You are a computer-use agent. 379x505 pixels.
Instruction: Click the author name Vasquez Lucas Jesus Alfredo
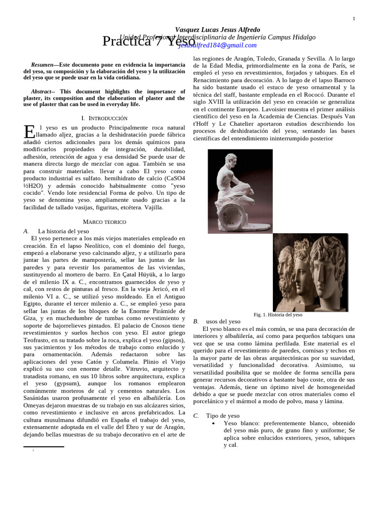point(218,30)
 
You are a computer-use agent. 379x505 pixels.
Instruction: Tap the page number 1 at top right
point(353,19)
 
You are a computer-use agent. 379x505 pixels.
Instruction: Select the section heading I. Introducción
point(104,118)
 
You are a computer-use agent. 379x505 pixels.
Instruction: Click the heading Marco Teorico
point(104,222)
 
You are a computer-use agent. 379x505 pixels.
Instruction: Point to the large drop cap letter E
point(29,132)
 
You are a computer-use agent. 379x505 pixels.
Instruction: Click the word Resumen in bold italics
point(41,65)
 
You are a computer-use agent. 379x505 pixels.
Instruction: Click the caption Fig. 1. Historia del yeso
point(278,315)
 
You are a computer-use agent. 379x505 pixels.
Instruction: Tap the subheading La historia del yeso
point(63,231)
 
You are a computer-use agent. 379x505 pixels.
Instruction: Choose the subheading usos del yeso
point(224,322)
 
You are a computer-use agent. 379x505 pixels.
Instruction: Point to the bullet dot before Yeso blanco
point(213,424)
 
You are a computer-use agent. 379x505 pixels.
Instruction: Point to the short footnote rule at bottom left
point(43,447)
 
